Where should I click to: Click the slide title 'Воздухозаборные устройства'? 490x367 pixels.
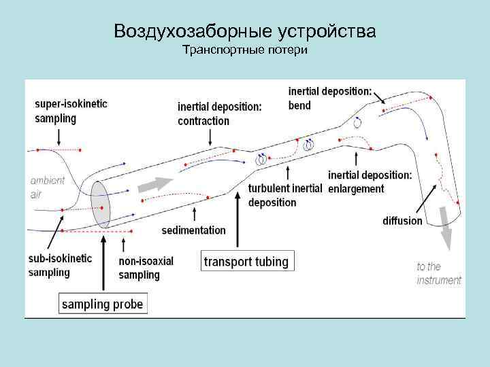coord(245,31)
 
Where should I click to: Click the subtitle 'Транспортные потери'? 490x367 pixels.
coord(245,52)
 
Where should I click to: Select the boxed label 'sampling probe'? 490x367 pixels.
coord(103,303)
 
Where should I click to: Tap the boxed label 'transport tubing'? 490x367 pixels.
coord(246,261)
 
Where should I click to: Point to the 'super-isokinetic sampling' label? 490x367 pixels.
coord(71,111)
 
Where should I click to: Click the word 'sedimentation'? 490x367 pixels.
coord(193,230)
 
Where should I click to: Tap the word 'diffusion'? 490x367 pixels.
coord(402,221)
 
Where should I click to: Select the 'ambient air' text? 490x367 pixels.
coord(48,187)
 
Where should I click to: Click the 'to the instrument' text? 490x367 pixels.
coord(438,273)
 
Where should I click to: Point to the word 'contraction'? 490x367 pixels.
coord(203,121)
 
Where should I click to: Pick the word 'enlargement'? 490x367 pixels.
coord(356,189)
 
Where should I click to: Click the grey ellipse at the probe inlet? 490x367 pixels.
coord(101,205)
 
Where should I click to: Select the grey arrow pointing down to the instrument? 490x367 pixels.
coord(446,236)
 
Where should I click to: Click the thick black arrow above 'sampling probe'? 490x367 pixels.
coord(102,262)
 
